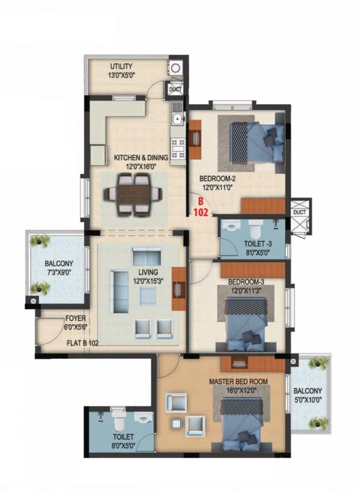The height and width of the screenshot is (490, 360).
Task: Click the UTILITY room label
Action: (121, 67)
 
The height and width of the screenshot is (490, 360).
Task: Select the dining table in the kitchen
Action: (133, 195)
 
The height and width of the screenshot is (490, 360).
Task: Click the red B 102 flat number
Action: (200, 208)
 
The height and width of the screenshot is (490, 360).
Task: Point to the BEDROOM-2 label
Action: (218, 179)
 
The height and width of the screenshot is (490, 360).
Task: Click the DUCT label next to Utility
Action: (175, 89)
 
